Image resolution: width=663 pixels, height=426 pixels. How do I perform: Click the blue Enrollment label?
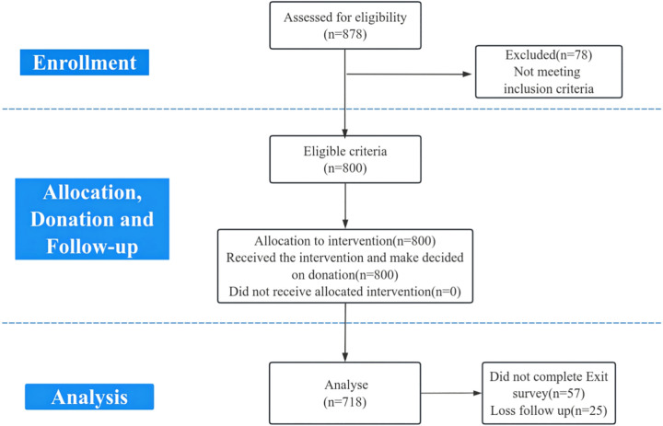pyautogui.click(x=85, y=63)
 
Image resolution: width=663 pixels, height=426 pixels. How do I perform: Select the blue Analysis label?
pyautogui.click(x=89, y=397)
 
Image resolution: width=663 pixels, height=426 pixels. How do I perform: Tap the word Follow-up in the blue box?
pyautogui.click(x=92, y=247)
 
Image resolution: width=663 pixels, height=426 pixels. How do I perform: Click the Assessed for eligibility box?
pyautogui.click(x=345, y=26)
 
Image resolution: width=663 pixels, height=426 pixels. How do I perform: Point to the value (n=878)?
pyautogui.click(x=345, y=34)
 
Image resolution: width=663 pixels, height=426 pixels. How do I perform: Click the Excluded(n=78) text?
pyautogui.click(x=549, y=55)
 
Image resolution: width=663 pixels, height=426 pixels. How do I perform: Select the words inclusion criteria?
pyautogui.click(x=549, y=88)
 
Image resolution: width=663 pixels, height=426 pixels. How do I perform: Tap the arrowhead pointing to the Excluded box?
pyautogui.click(x=467, y=74)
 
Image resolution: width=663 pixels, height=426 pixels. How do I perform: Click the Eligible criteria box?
pyautogui.click(x=345, y=159)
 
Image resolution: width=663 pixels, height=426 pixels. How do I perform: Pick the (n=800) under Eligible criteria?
pyautogui.click(x=345, y=168)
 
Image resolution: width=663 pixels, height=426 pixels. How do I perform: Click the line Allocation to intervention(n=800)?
pyautogui.click(x=345, y=241)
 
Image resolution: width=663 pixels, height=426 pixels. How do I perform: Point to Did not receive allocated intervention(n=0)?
pyautogui.click(x=345, y=292)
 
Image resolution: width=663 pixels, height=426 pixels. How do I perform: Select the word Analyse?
pyautogui.click(x=346, y=385)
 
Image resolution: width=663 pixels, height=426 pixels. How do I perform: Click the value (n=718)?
pyautogui.click(x=345, y=402)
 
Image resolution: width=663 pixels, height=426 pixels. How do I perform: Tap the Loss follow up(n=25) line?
pyautogui.click(x=549, y=410)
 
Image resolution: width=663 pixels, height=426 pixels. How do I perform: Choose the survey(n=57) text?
pyautogui.click(x=549, y=394)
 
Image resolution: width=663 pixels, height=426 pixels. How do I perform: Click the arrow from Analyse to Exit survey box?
pyautogui.click(x=451, y=393)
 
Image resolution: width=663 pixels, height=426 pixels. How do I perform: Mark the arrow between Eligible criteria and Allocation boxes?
pyautogui.click(x=345, y=206)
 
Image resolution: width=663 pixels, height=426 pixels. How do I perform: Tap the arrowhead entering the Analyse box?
pyautogui.click(x=345, y=357)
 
